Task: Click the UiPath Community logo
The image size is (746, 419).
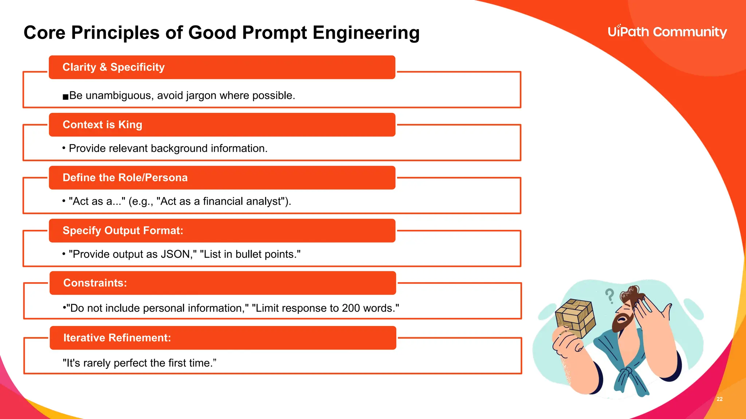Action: click(667, 32)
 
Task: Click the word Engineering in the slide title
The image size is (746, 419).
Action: click(366, 33)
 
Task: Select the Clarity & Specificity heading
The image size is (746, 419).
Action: click(113, 67)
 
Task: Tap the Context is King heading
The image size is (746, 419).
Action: click(102, 125)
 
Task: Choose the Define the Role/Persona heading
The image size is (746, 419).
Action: click(125, 178)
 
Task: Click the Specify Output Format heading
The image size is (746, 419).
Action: click(123, 231)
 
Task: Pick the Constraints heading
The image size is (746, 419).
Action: click(95, 283)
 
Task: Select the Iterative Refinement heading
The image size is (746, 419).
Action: click(117, 338)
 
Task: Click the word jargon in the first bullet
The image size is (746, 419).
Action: click(201, 96)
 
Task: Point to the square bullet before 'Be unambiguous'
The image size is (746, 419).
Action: click(66, 97)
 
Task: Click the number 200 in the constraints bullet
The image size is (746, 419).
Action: click(351, 308)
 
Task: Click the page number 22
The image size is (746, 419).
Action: click(719, 399)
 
